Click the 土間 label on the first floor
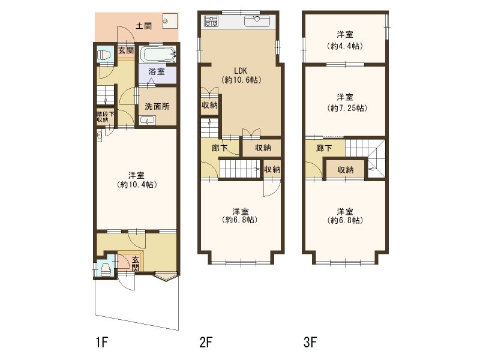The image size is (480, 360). (143, 26)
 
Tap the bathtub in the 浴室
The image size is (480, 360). (158, 55)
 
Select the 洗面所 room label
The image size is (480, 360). (157, 106)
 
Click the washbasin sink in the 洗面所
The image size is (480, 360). (148, 121)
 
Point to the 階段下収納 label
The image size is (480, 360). (105, 116)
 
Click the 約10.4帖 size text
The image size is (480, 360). (137, 185)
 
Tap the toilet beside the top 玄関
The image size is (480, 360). (103, 55)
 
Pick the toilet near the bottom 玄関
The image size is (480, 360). (106, 269)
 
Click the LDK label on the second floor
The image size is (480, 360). (241, 71)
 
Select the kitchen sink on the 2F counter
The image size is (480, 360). (257, 22)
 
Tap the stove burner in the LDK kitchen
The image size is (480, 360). (211, 21)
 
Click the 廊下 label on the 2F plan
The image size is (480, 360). (220, 148)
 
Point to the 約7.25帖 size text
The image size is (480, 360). (347, 109)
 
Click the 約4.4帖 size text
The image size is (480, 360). (345, 46)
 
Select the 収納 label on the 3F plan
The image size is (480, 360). (346, 170)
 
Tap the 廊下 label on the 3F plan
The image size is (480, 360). (324, 148)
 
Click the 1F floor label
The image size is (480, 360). (102, 342)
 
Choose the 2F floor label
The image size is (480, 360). (206, 342)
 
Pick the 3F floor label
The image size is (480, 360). (310, 342)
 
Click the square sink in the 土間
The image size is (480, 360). (170, 21)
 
